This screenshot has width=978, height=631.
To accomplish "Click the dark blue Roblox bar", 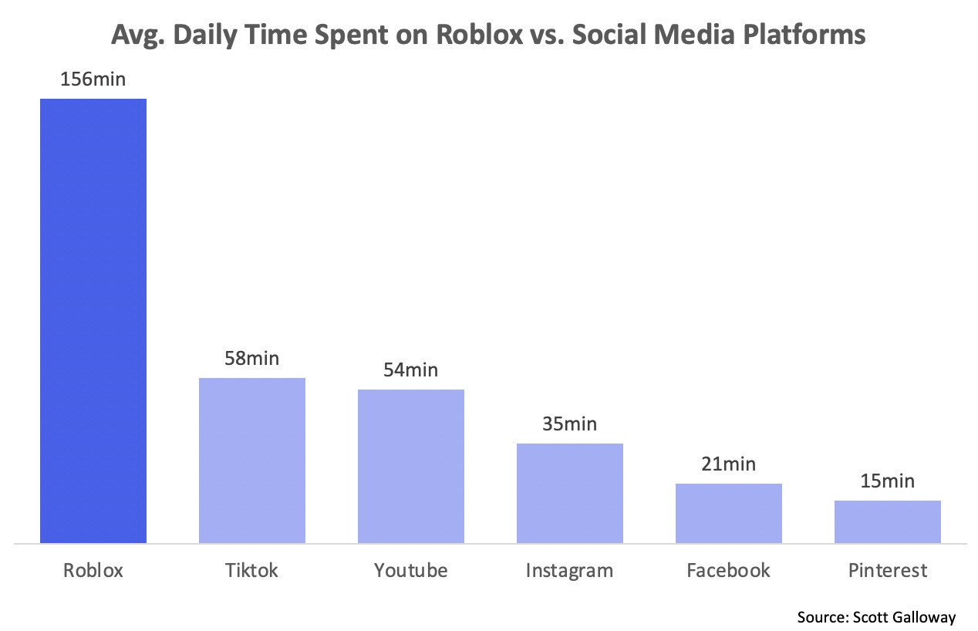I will click(x=93, y=320).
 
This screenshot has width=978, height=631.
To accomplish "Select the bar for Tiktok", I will click(x=252, y=460).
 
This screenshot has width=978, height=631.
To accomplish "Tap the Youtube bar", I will click(x=411, y=466).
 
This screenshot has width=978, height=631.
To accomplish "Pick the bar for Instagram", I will click(x=570, y=493).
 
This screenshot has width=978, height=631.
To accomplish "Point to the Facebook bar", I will click(x=729, y=513).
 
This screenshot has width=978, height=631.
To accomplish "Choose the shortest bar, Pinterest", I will click(x=888, y=521).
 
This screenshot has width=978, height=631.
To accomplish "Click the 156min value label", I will click(x=93, y=79).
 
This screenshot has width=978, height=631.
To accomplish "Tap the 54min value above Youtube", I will click(x=411, y=369).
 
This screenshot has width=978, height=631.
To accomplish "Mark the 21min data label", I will click(x=729, y=464).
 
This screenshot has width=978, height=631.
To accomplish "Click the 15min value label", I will click(x=888, y=481).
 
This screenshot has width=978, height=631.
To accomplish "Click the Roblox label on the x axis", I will click(x=93, y=570).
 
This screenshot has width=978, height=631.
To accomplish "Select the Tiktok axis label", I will click(x=252, y=570).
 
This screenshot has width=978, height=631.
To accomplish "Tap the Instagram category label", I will click(x=570, y=570).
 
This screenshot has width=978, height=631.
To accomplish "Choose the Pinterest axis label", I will click(x=888, y=570).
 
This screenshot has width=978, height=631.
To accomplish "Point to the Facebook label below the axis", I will click(x=729, y=570).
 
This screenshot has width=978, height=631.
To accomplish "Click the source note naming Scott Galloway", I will click(x=877, y=616).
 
